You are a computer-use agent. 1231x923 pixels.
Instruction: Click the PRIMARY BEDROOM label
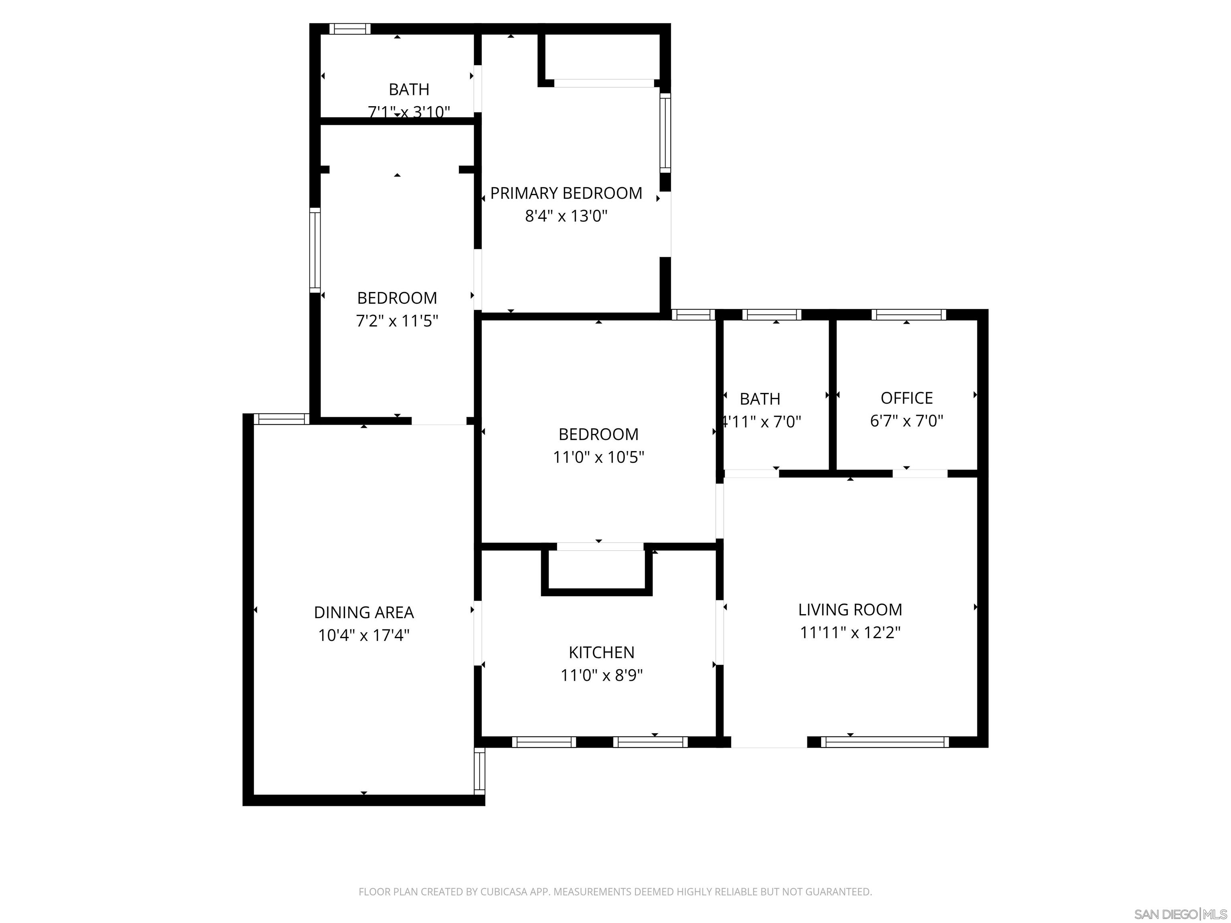coord(566,193)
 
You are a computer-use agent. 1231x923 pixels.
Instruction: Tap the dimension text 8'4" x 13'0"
coord(566,216)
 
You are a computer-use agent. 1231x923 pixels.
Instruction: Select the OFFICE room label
coord(906,398)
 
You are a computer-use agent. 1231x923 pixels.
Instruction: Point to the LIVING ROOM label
coord(850,610)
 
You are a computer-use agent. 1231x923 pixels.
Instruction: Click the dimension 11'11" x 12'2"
coord(850,633)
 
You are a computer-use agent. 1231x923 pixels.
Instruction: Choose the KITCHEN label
coord(601,652)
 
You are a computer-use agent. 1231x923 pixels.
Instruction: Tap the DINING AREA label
coord(364,613)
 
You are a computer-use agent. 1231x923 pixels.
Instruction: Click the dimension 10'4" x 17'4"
coord(364,635)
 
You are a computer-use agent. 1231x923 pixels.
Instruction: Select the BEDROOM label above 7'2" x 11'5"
coord(397,298)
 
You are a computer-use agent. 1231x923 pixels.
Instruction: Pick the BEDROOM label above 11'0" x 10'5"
coord(598,434)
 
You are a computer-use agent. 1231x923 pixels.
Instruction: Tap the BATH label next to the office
coord(760,399)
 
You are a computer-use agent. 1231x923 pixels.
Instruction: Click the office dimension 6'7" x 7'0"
coord(906,421)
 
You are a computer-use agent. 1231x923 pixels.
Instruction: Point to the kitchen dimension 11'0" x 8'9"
coord(601,675)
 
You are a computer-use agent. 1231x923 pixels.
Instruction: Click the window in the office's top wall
coord(908,315)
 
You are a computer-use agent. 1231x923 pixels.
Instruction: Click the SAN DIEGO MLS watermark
coord(1180,914)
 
